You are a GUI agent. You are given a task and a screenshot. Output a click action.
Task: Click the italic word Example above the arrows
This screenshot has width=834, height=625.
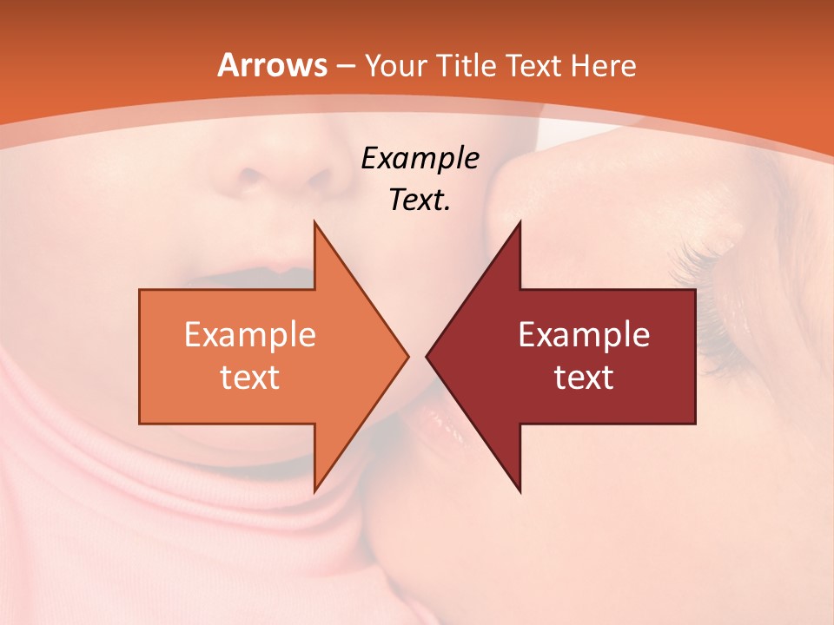(x=420, y=159)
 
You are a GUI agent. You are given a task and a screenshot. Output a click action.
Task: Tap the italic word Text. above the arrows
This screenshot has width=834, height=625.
(x=420, y=201)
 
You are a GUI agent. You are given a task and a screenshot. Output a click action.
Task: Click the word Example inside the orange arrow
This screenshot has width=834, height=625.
(x=250, y=335)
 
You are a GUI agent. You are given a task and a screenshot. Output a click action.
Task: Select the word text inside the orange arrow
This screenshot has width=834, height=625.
(x=250, y=377)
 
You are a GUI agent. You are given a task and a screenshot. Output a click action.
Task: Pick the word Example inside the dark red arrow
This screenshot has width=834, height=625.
(x=584, y=335)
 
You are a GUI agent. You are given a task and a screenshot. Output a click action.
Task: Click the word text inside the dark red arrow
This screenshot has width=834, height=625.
(x=584, y=377)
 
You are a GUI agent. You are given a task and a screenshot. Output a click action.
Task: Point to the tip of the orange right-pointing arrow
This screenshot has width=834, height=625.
(x=408, y=356)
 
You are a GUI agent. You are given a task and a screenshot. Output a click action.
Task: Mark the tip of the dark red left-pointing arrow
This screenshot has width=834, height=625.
(x=427, y=356)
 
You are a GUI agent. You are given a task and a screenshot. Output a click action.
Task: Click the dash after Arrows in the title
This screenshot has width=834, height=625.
(x=345, y=66)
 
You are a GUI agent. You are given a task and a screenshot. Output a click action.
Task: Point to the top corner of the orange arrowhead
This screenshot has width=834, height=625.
(x=314, y=222)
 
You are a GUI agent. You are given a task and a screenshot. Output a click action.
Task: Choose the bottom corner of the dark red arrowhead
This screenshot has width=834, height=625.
(x=520, y=492)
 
